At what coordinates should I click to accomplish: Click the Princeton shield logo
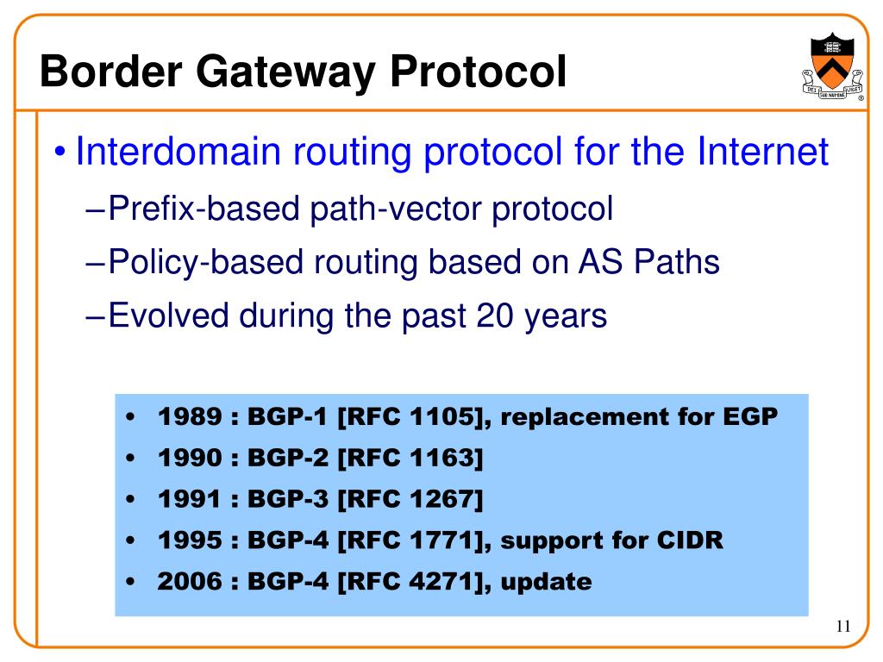pyautogui.click(x=832, y=67)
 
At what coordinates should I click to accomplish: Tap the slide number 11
pyautogui.click(x=842, y=627)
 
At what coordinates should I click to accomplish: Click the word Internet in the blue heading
pyautogui.click(x=762, y=153)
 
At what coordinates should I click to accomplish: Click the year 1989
pyautogui.click(x=188, y=417)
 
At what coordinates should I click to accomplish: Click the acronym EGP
pyautogui.click(x=746, y=417)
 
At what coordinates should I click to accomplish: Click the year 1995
pyautogui.click(x=188, y=540)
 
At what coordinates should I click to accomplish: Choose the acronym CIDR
pyautogui.click(x=689, y=540)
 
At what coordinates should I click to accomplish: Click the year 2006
pyautogui.click(x=188, y=582)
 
